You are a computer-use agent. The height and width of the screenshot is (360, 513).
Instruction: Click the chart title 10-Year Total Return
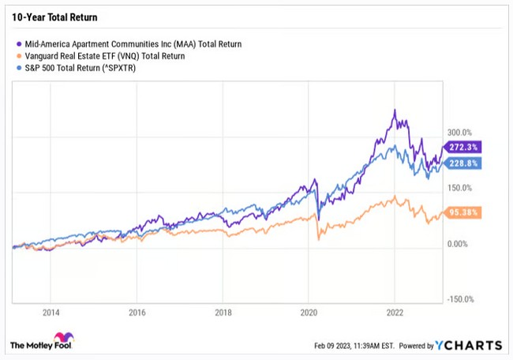(x=48, y=16)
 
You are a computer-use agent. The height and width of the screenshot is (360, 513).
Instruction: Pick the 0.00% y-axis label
(x=460, y=244)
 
